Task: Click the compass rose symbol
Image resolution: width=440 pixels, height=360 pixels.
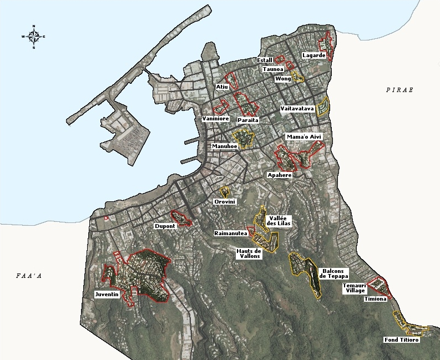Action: (x=34, y=37)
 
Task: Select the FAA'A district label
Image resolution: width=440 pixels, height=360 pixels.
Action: (x=29, y=275)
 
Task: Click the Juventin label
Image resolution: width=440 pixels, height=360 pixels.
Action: (x=107, y=295)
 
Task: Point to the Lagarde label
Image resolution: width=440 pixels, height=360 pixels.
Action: (x=313, y=55)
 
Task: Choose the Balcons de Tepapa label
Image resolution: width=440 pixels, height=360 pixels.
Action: (x=333, y=273)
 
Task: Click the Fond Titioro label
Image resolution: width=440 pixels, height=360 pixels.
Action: (x=401, y=339)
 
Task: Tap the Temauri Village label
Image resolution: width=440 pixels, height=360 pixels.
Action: (x=353, y=288)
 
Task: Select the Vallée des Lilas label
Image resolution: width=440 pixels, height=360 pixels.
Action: (x=279, y=221)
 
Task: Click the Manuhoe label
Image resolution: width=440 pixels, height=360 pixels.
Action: (x=225, y=146)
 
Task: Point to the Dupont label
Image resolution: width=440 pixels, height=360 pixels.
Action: (x=165, y=226)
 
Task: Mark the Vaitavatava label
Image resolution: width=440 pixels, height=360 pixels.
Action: (x=297, y=108)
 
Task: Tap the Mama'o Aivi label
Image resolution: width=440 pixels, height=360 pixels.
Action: (x=303, y=137)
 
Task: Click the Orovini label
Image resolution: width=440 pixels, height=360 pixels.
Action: (x=225, y=202)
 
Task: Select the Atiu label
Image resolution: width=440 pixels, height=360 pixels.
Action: (x=222, y=87)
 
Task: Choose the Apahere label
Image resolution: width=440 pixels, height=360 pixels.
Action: (x=279, y=175)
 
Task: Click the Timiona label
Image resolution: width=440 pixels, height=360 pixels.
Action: (x=375, y=299)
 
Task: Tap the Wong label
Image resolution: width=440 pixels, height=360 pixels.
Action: (x=283, y=79)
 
